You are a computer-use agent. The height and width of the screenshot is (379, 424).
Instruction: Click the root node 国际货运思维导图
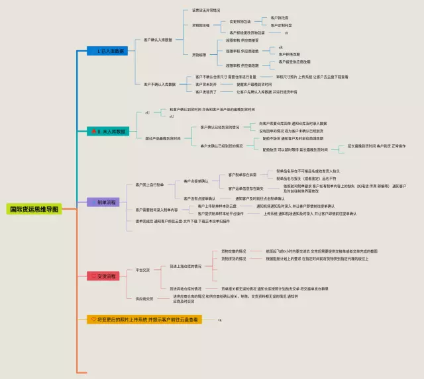[x=33, y=209]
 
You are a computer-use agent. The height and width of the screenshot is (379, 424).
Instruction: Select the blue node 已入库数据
[x=107, y=51]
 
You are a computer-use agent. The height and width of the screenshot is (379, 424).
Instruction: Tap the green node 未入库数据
[x=107, y=132]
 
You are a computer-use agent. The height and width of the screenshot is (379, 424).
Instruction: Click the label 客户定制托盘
[x=281, y=25]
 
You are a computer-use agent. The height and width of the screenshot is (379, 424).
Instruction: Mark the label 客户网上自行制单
[x=150, y=185]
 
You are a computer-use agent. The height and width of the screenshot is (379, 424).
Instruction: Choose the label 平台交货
[x=142, y=270]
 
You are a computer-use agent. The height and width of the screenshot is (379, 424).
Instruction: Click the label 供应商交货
[x=144, y=299]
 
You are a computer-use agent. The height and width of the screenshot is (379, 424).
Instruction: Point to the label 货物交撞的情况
[x=233, y=251]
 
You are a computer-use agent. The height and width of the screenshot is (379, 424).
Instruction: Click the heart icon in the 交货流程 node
[x=93, y=275]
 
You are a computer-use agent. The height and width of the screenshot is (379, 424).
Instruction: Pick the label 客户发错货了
[x=205, y=91]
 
